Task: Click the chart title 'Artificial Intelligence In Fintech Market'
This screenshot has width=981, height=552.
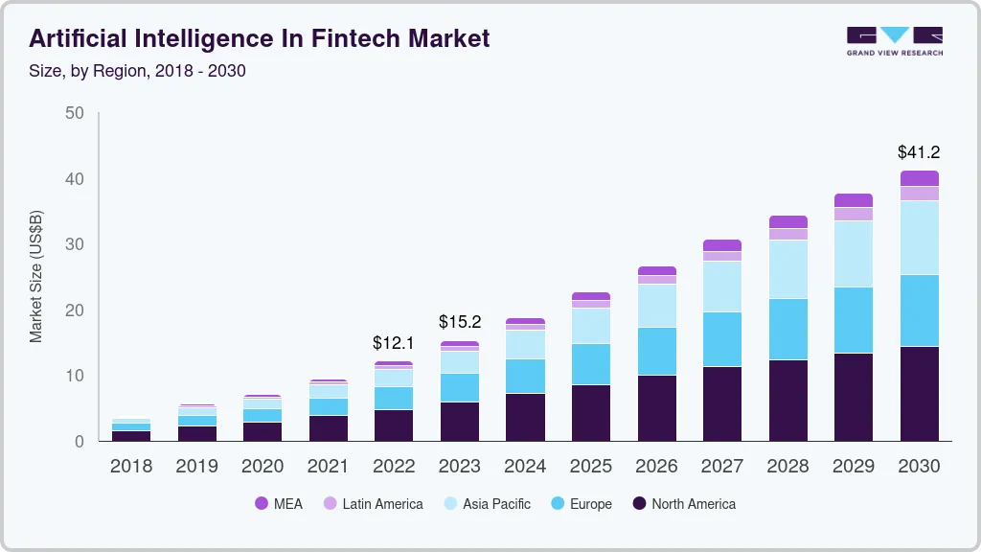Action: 259,38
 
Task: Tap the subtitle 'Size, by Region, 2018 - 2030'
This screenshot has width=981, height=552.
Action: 137,71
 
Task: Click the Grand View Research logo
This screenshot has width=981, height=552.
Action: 894,41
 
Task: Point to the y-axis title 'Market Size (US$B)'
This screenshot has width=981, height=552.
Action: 36,276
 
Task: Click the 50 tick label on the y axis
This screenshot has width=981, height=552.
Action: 75,113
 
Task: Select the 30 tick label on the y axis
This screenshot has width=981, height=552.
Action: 75,244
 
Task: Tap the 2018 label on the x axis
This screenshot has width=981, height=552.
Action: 131,467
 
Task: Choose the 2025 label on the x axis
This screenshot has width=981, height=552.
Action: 590,467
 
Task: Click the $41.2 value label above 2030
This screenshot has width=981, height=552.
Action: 918,151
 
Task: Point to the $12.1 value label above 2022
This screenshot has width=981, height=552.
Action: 394,342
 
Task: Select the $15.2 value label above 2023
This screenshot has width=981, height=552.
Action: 459,322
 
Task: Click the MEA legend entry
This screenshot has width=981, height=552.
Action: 279,504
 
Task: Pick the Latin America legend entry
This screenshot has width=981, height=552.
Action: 373,504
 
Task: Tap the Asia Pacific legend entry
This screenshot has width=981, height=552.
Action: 487,504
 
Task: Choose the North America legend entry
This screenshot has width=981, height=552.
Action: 684,504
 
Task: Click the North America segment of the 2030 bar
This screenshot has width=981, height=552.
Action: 919,393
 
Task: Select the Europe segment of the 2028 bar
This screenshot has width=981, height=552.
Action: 787,329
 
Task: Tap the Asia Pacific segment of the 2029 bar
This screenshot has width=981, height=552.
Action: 853,254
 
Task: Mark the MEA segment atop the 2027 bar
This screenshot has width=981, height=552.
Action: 721,245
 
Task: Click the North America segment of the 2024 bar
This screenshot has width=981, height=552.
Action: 525,417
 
